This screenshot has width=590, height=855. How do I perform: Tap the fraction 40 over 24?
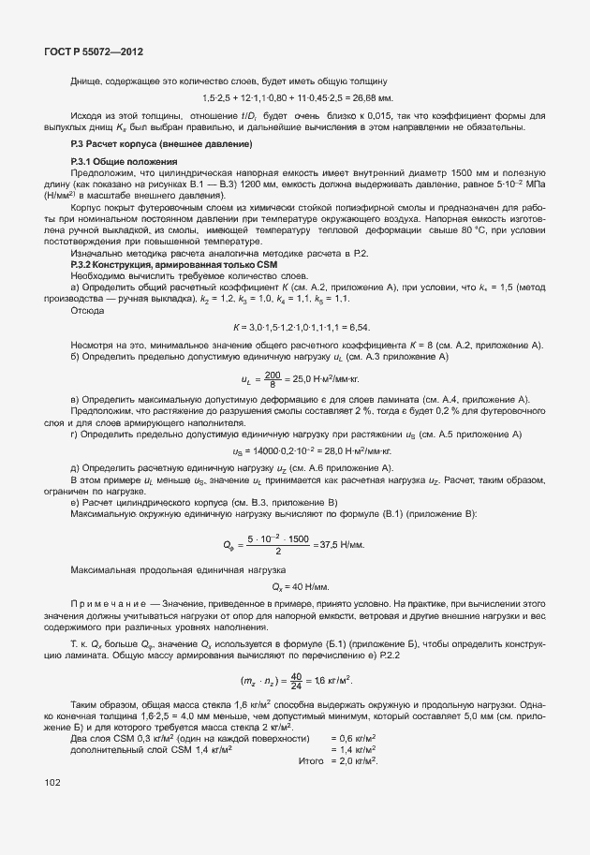[297, 680]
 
